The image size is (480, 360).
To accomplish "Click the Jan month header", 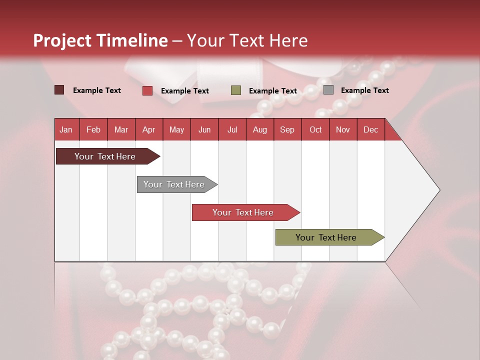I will click(66, 129).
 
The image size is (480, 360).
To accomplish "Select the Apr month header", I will click(149, 129).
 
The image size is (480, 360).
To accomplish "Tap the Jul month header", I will click(232, 129).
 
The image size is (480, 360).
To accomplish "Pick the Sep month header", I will click(287, 129).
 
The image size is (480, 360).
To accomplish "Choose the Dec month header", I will click(370, 129).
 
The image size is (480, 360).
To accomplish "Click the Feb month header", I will click(93, 129).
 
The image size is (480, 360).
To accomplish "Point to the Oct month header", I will click(315, 129).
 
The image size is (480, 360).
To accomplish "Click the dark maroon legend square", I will click(59, 90).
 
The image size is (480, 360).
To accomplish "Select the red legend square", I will click(147, 90).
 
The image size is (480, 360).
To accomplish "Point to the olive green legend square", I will click(236, 90).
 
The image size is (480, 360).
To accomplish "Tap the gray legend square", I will click(328, 90).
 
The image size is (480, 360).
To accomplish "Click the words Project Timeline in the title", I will click(100, 40).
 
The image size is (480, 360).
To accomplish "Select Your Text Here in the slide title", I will click(247, 40).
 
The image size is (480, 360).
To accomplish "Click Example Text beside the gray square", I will click(364, 90).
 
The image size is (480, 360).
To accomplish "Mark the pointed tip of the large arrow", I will click(438, 190).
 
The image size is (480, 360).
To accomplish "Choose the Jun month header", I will click(204, 129).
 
